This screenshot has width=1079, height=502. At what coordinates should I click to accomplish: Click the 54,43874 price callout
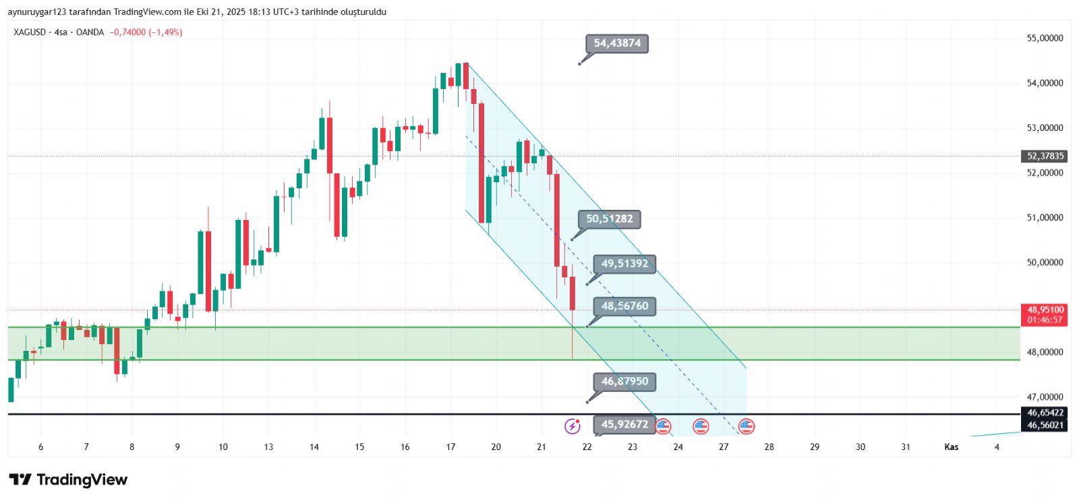617,43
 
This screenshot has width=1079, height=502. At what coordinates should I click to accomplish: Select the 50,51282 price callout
610,219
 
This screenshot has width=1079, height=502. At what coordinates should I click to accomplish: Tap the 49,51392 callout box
624,263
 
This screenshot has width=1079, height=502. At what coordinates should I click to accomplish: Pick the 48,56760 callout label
624,306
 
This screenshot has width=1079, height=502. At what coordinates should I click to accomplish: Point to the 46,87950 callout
624,381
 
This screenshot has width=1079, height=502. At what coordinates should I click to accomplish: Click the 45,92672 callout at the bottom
624,424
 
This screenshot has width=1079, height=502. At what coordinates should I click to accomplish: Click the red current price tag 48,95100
1045,310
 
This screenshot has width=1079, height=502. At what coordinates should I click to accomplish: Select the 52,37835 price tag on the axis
1045,156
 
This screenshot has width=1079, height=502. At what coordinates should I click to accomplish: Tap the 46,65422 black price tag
1045,413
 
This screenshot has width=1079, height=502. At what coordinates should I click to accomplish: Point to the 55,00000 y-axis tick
1045,38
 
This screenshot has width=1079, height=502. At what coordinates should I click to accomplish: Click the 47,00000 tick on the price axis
1045,397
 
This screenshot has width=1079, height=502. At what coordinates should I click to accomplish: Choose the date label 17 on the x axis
450,447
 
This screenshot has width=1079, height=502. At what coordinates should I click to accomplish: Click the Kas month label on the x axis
951,447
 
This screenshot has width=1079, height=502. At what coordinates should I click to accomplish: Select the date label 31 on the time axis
906,447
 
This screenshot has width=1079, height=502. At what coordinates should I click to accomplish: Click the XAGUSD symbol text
30,32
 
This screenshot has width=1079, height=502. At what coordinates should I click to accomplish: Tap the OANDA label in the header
90,32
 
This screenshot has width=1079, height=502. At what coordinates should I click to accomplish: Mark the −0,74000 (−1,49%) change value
146,32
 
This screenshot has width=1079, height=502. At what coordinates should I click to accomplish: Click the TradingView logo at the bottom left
68,480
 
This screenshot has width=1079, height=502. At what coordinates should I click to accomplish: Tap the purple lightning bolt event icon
572,426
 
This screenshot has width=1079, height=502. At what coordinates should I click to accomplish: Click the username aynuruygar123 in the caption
37,12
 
